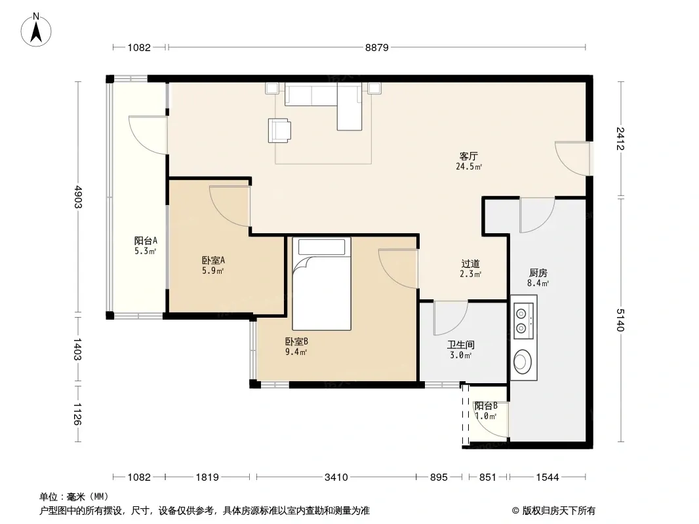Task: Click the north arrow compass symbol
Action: point(36,30)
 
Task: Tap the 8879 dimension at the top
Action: point(376,47)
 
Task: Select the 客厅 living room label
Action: point(469,157)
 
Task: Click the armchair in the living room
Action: point(279,130)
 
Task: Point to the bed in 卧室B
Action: point(321,284)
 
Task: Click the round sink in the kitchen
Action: point(522,361)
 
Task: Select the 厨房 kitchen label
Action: point(538,272)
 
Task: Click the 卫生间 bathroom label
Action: point(461,345)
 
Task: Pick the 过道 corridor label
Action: point(470,263)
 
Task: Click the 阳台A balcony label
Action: point(146,241)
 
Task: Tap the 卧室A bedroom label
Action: point(213,260)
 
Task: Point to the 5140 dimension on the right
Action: point(620,320)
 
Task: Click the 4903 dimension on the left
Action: point(78,197)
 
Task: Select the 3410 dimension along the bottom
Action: point(336,477)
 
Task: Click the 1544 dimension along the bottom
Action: point(547,477)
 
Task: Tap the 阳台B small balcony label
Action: point(486,406)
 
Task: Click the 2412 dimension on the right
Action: point(620,138)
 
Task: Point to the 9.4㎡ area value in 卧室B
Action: point(296,352)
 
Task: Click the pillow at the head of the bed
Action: point(321,247)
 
